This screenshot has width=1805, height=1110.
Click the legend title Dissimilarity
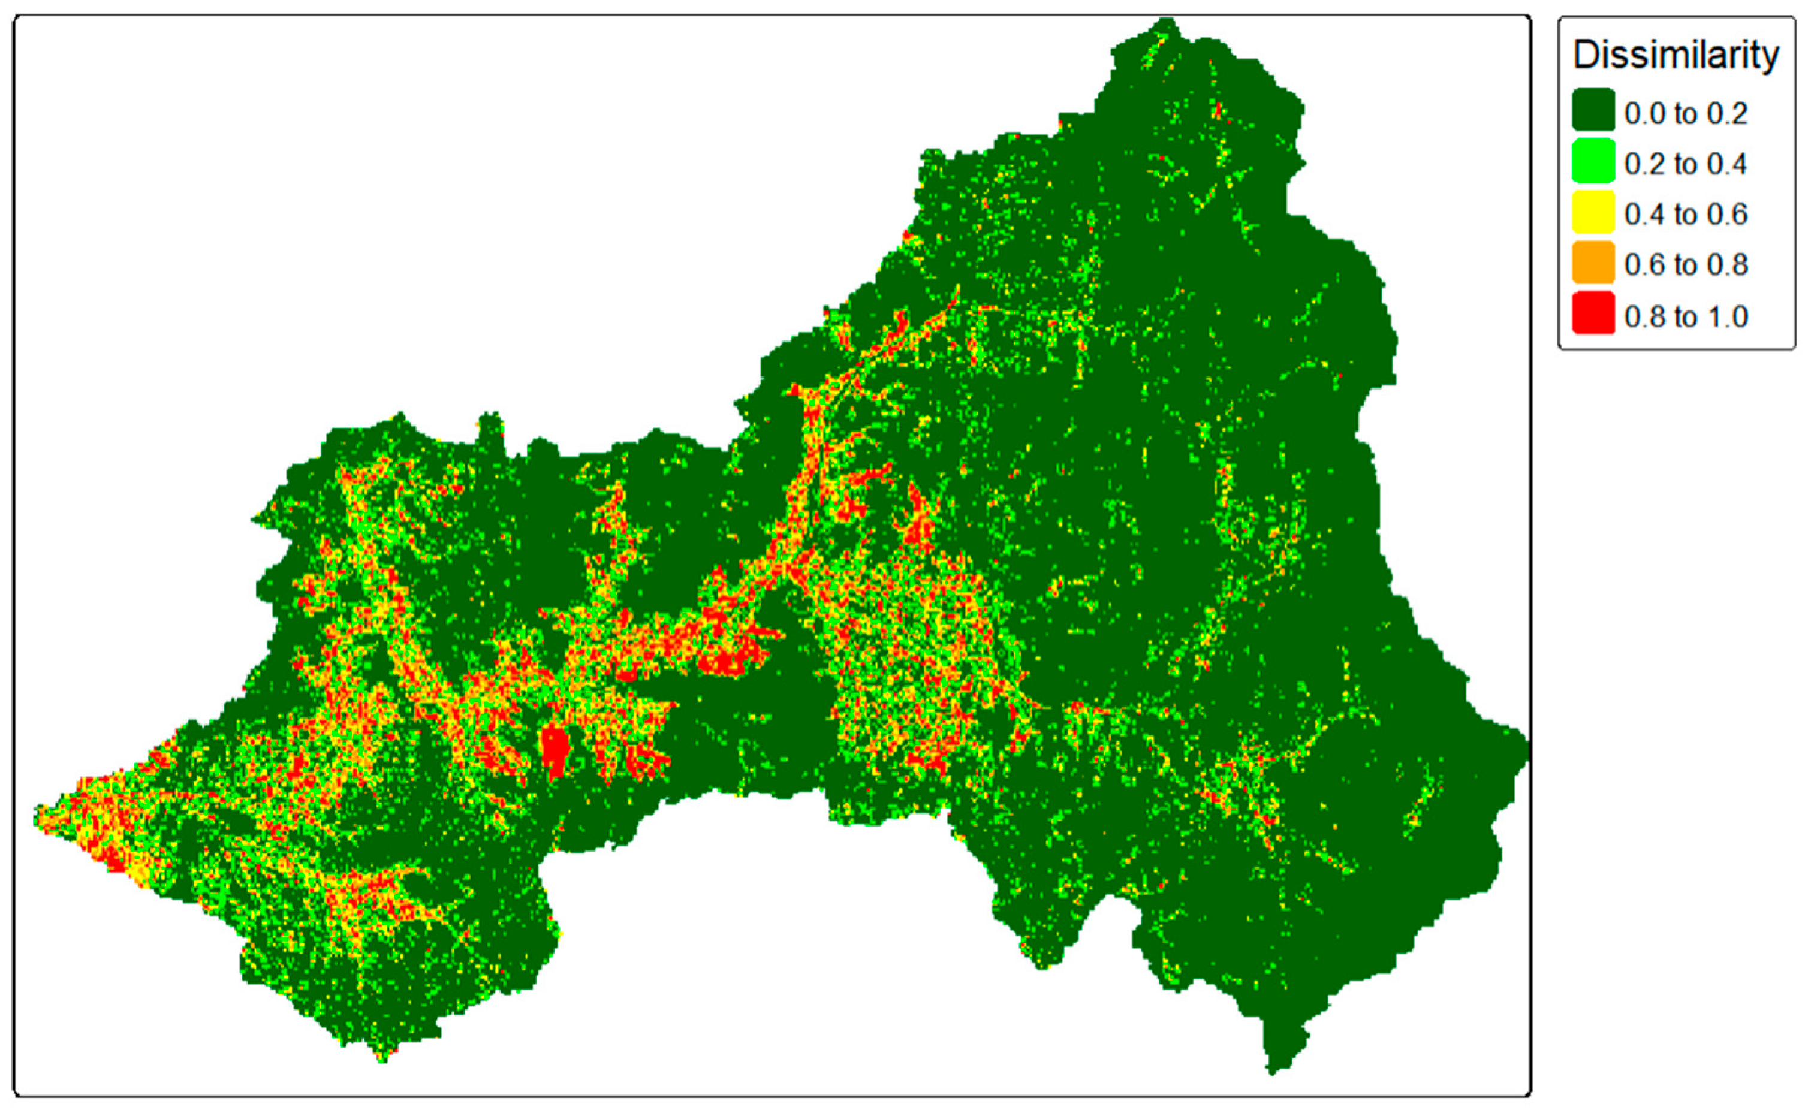(1676, 55)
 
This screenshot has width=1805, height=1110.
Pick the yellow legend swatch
(1593, 212)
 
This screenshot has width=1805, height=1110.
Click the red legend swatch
(1593, 313)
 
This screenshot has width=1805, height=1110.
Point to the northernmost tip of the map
(1165, 22)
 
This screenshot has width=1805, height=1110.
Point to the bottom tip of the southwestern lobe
(381, 1059)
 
